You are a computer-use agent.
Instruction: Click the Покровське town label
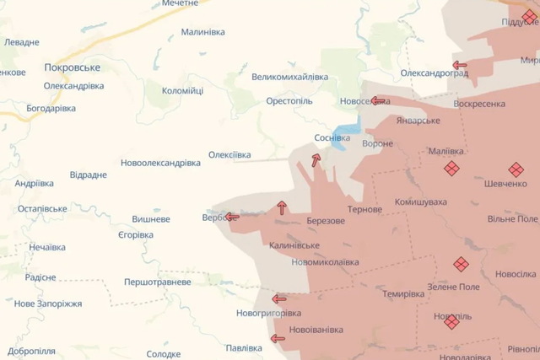(x=73, y=67)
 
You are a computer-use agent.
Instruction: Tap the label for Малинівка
(x=203, y=32)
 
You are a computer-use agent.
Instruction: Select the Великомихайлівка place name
(x=289, y=77)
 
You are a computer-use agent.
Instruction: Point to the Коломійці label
(x=182, y=90)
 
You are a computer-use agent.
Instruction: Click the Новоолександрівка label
(x=160, y=162)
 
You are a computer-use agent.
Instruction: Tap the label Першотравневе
(x=157, y=282)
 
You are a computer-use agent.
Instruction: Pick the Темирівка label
(x=403, y=294)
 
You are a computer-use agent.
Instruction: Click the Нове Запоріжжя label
(x=48, y=304)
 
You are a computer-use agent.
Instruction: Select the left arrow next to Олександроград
(x=460, y=65)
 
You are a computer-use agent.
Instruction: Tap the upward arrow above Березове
(x=281, y=207)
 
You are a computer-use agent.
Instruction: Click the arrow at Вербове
(x=231, y=217)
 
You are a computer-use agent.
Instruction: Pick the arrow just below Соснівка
(x=316, y=159)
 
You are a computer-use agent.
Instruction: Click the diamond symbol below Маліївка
(x=452, y=169)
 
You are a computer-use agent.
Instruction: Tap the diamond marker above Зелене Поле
(x=461, y=264)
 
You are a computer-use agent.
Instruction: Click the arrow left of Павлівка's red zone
(x=277, y=339)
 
